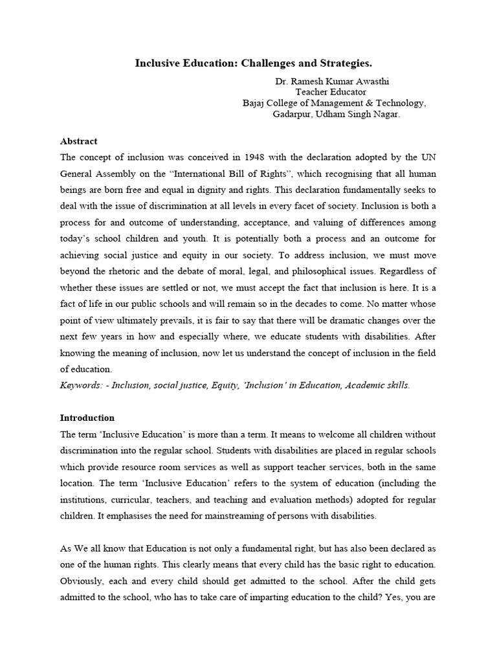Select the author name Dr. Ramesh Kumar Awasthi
pyautogui.click(x=335, y=82)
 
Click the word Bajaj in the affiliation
pyautogui.click(x=255, y=103)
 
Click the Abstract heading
pyautogui.click(x=78, y=140)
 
